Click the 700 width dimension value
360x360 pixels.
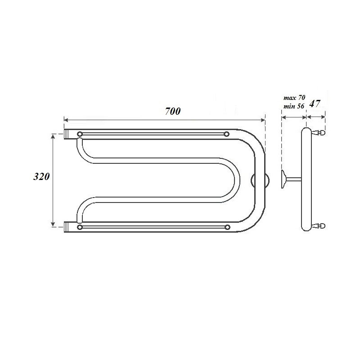click(172, 112)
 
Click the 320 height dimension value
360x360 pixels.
click(41, 177)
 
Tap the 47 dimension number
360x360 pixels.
click(315, 103)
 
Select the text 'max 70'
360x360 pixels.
click(294, 97)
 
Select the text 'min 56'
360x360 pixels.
click(294, 106)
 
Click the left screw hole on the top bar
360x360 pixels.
click(80, 134)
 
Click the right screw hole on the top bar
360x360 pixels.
click(226, 134)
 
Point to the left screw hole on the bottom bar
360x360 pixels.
click(80, 227)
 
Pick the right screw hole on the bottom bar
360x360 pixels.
click(227, 227)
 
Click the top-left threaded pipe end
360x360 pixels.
click(67, 134)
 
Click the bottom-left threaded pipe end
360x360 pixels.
click(67, 227)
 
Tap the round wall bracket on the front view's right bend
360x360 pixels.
click(260, 180)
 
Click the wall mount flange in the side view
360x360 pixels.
click(283, 180)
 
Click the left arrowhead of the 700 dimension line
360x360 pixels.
click(66, 120)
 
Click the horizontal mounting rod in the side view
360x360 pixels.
click(293, 180)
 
